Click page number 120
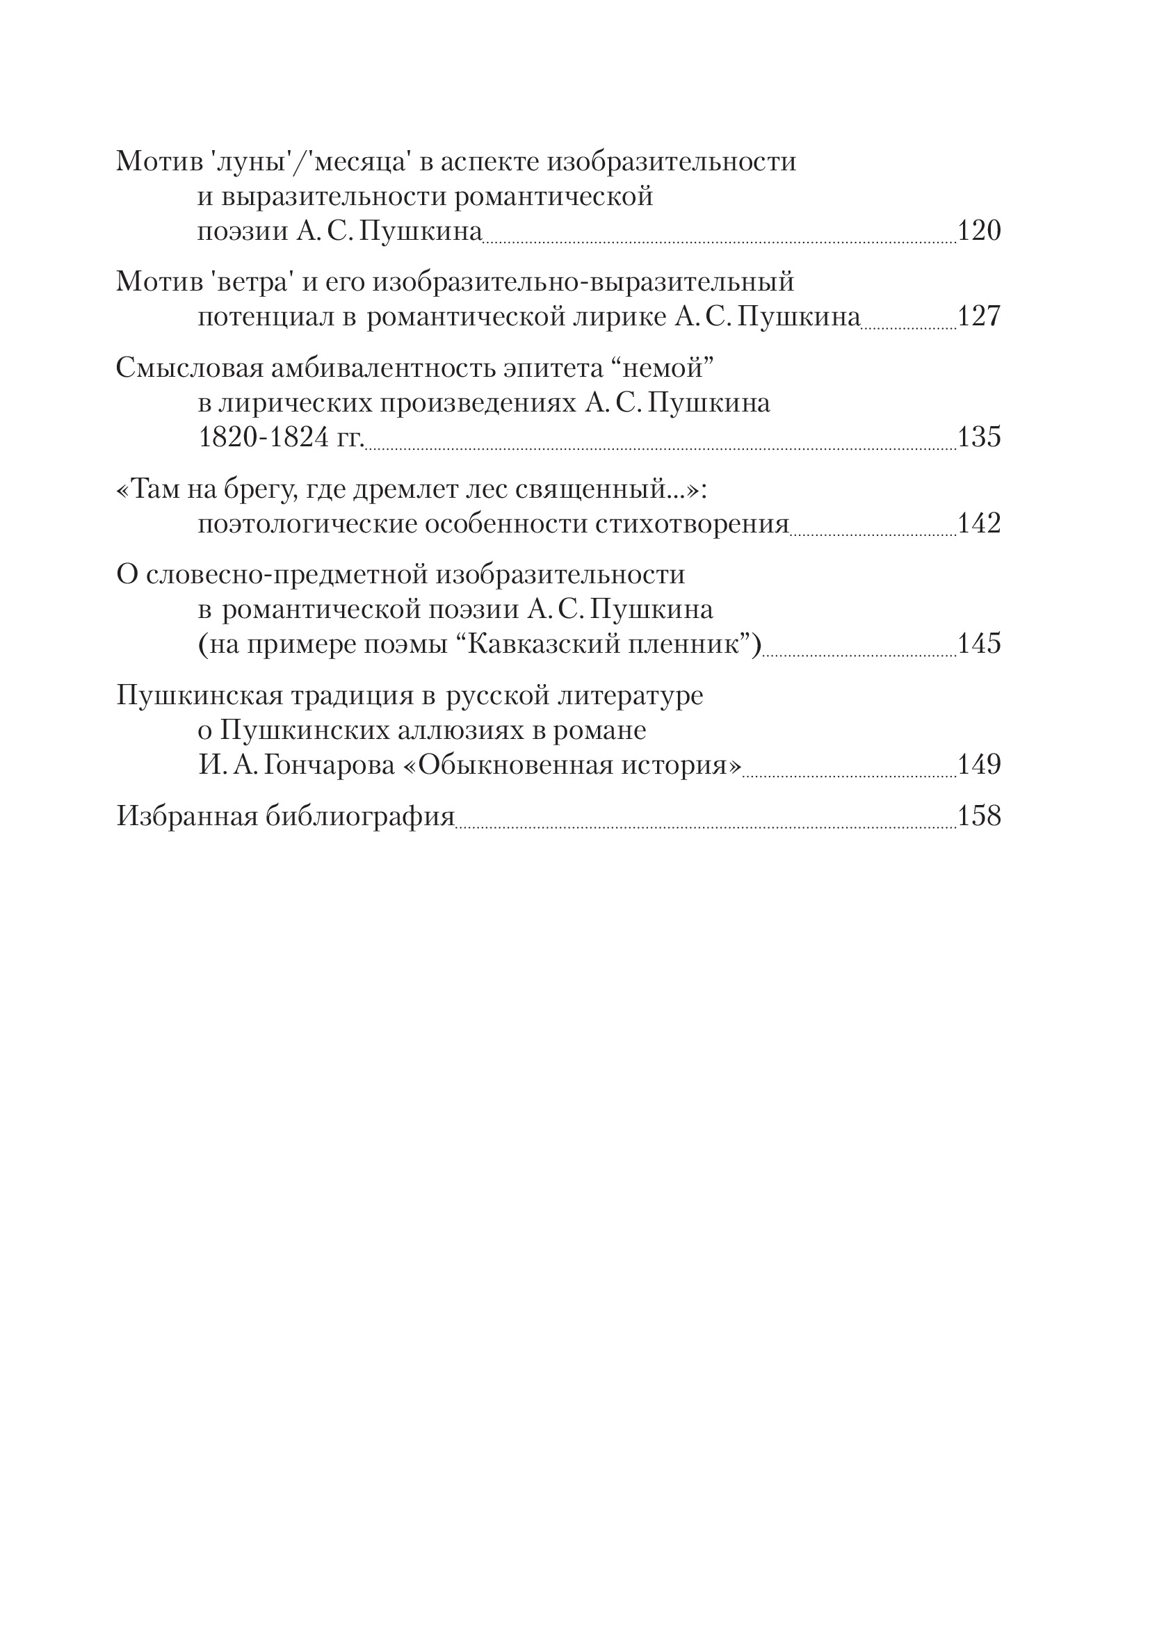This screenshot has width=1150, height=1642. tap(978, 231)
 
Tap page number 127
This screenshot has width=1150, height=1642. tap(978, 316)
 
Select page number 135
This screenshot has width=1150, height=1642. tap(978, 437)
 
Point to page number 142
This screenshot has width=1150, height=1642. tap(978, 523)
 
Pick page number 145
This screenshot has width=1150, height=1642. tap(978, 644)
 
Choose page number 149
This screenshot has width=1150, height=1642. tap(978, 765)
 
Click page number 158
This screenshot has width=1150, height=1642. tap(978, 816)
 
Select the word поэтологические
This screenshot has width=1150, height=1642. tap(307, 524)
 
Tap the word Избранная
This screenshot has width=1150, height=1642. tap(186, 816)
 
